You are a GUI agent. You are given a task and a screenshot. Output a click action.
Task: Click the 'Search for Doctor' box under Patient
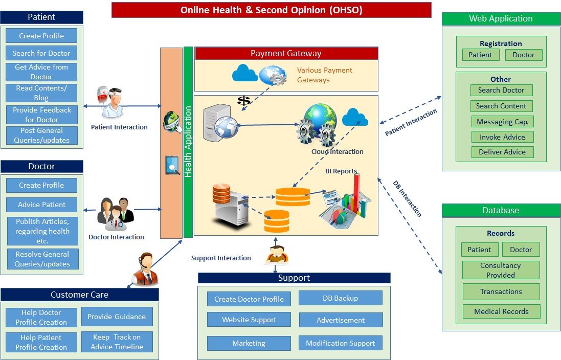tap(41, 53)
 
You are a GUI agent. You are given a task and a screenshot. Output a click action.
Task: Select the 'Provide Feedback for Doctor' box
tap(42, 115)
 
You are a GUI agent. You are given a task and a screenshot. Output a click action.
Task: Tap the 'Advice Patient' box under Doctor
tap(41, 205)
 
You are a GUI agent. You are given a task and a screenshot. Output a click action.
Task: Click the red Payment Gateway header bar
tap(286, 53)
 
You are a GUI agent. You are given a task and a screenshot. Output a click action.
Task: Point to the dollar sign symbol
tap(244, 101)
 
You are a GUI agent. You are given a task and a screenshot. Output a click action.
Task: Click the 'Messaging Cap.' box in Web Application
tap(502, 122)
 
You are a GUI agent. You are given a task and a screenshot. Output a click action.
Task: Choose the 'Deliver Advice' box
tap(502, 152)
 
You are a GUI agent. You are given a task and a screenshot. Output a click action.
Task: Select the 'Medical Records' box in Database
tap(501, 311)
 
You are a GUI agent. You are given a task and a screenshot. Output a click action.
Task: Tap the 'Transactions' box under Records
tap(501, 291)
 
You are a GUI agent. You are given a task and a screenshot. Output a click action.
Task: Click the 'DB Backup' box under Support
tap(340, 298)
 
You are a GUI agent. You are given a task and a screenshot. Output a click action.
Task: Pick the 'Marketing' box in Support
tap(249, 343)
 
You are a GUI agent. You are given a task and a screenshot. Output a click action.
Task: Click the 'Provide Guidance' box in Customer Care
tap(117, 317)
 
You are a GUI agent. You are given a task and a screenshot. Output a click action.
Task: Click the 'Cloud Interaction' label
tap(337, 151)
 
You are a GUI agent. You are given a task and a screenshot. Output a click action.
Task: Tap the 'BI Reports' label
tap(341, 171)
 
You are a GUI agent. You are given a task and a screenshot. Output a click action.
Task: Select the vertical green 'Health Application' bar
tap(188, 142)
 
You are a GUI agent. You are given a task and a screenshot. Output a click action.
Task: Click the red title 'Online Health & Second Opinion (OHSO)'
tap(271, 10)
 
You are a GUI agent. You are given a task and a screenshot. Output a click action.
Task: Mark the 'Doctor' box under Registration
tap(523, 55)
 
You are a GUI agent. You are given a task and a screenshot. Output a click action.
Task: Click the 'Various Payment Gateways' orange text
tap(325, 75)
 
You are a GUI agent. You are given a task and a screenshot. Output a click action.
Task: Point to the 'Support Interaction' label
tap(221, 258)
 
